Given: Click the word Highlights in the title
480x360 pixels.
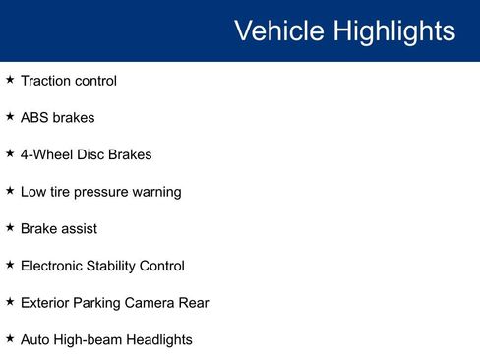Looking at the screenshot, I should point(392,30).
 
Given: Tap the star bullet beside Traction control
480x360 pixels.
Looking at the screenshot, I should point(10,80).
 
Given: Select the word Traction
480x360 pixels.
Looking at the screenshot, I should point(45,81).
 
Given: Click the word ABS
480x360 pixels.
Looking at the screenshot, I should point(35,118).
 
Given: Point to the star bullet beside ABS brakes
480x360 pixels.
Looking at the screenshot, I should point(10,117).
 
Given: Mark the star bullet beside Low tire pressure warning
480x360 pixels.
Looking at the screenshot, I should point(10,191).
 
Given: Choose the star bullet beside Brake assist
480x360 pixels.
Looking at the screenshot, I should point(10,228).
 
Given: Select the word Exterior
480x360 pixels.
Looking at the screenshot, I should point(45,303).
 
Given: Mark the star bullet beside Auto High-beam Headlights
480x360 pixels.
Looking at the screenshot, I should point(10,339).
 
